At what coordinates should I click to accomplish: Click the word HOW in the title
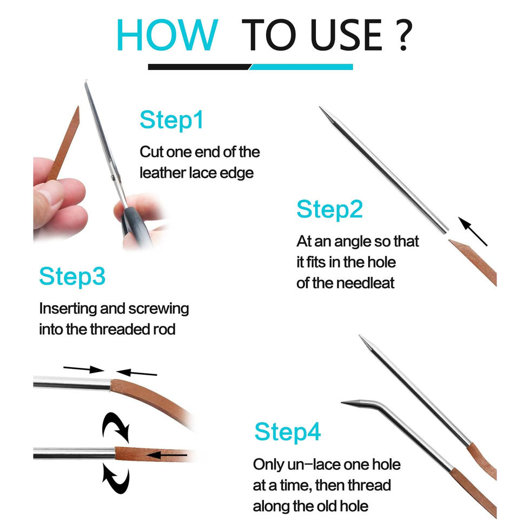[x=167, y=35]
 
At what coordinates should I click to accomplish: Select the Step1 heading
[x=171, y=120]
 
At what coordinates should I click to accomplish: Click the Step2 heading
[x=329, y=209]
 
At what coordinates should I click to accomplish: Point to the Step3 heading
[x=72, y=276]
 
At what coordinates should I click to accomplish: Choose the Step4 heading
[x=287, y=432]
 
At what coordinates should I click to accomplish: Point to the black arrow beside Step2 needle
[x=473, y=231]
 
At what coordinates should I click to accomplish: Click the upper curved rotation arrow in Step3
[x=116, y=427]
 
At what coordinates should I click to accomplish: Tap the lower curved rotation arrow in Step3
[x=116, y=479]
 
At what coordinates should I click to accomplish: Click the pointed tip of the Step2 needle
[x=320, y=108]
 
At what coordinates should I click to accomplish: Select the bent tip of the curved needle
[x=342, y=402]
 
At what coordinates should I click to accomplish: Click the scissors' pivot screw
[x=112, y=176]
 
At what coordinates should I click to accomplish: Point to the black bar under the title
[x=200, y=67]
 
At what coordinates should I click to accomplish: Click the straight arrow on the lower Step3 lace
[x=167, y=455]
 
